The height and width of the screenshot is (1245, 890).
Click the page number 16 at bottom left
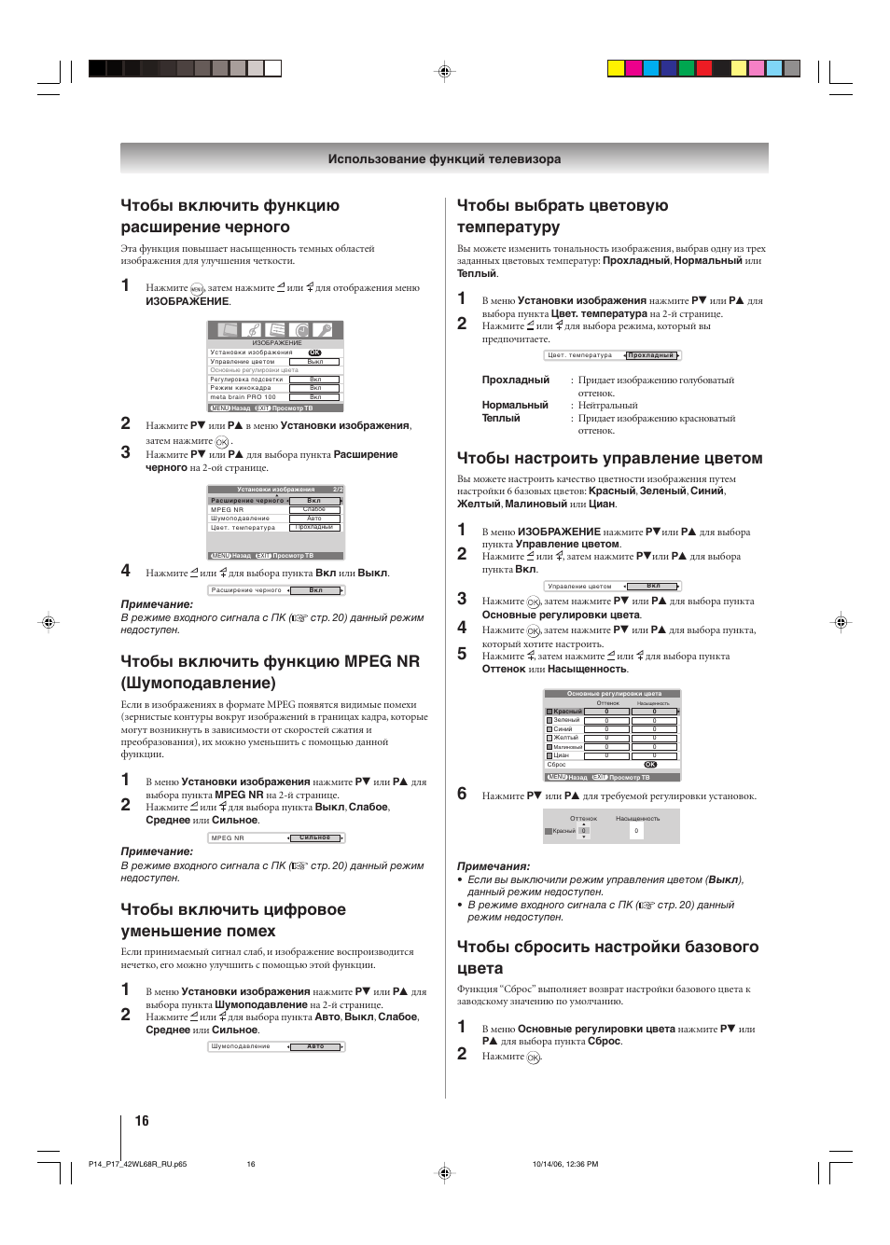(142, 1121)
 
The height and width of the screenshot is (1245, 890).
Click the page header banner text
(444, 159)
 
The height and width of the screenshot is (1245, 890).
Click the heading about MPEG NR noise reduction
(270, 671)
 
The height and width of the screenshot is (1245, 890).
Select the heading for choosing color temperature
(562, 216)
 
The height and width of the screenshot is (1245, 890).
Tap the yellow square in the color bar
(616, 68)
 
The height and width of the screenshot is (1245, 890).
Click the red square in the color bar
(703, 68)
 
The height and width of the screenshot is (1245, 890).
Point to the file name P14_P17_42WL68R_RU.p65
(137, 1164)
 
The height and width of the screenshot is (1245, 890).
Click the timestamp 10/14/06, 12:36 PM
(564, 1164)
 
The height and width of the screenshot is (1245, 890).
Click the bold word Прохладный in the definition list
(515, 380)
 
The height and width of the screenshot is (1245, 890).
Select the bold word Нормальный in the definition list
(514, 406)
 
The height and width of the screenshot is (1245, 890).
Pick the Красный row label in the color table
(567, 712)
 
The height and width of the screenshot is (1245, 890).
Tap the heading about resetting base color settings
(607, 957)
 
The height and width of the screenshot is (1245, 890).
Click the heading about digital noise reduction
(233, 920)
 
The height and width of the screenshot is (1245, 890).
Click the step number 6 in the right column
(462, 794)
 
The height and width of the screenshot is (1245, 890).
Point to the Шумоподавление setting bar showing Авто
(276, 1046)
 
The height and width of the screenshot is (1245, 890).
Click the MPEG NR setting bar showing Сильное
(276, 837)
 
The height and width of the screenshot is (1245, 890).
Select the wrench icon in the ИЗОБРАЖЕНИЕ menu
(323, 330)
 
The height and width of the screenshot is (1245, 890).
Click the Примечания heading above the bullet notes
(493, 866)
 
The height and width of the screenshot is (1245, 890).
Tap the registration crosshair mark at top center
(445, 72)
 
